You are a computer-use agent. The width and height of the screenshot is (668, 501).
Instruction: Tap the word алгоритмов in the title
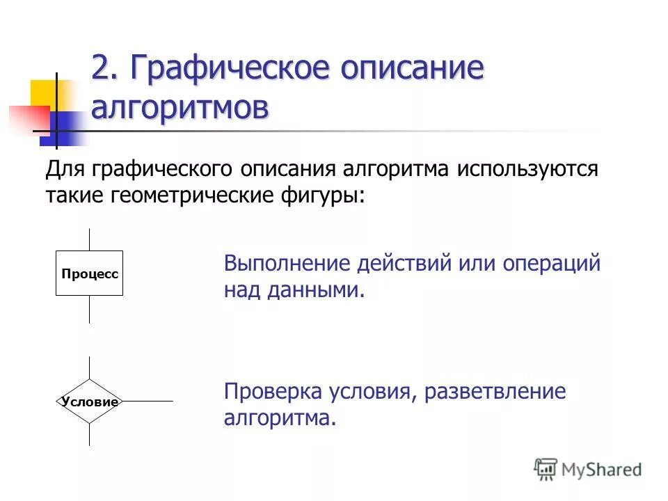point(180,109)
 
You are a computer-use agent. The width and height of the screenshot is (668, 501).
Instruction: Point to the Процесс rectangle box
point(89,273)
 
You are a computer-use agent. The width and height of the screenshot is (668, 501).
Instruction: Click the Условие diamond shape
point(89,401)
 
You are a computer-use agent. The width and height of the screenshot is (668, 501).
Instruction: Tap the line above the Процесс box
point(89,239)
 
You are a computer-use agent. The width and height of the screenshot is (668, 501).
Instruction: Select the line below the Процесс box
point(89,309)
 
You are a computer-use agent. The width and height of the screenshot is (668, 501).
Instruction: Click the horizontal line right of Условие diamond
point(148,401)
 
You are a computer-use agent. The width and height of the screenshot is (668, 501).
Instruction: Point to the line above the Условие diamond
point(89,368)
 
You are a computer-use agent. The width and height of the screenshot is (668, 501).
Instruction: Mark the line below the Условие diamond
point(89,434)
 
